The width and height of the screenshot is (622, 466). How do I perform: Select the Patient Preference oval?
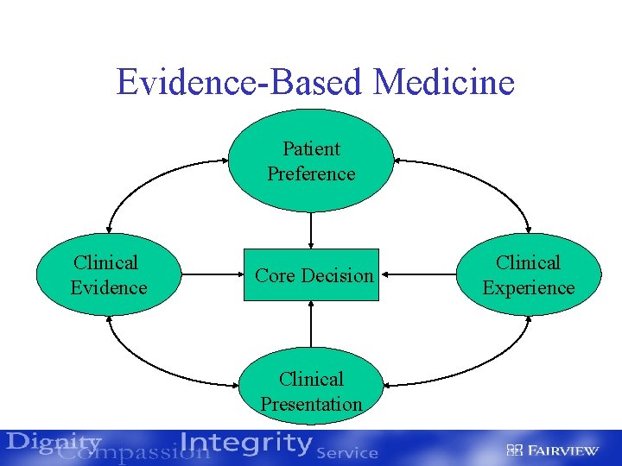pos(311,161)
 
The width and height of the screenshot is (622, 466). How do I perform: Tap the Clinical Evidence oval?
pos(108,275)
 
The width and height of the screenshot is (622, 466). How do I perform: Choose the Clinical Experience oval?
pos(528,275)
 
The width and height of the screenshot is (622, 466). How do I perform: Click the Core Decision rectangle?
pos(311,275)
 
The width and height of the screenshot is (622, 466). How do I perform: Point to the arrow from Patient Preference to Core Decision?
pos(311,230)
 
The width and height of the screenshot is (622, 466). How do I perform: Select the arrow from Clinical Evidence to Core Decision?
pos(212,275)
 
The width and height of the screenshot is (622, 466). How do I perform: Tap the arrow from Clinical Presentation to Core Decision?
pos(311,329)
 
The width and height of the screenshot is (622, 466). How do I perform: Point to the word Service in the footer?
pos(347,452)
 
